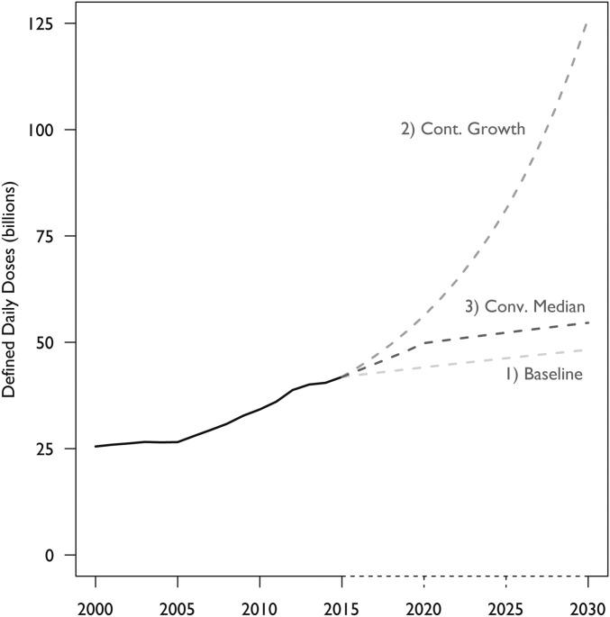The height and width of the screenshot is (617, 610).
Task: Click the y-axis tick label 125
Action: tap(39, 24)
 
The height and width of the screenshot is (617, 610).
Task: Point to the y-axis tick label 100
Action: tap(39, 130)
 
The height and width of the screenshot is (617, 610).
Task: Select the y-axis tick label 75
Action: tap(42, 236)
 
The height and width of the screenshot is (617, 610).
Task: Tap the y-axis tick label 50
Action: tap(42, 342)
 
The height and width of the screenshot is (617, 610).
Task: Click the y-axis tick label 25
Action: tap(42, 449)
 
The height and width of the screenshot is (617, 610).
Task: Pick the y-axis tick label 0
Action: tap(47, 555)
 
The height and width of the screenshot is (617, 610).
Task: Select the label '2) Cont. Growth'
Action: tap(462, 129)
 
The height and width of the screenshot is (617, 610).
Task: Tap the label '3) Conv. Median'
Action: tap(524, 307)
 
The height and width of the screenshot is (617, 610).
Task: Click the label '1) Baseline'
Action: tap(543, 374)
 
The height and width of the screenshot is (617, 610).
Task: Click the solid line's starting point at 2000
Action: tap(96, 446)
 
